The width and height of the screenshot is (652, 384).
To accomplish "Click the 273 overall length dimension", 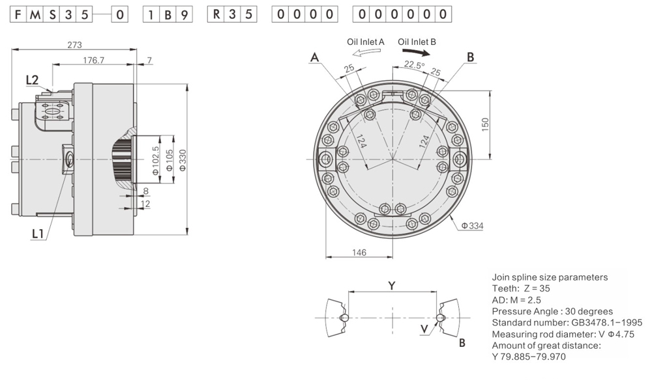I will click(x=75, y=45).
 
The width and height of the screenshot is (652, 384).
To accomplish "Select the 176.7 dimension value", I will click(x=94, y=60).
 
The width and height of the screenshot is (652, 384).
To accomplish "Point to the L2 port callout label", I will click(x=32, y=80).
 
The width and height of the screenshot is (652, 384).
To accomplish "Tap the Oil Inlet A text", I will click(x=365, y=42).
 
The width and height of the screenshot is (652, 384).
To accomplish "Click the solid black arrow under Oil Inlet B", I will click(x=415, y=52).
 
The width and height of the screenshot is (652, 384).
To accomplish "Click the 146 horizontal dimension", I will click(x=359, y=252).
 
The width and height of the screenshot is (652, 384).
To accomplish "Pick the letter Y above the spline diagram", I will click(x=391, y=285).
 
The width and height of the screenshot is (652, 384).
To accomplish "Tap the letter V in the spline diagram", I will click(x=425, y=329).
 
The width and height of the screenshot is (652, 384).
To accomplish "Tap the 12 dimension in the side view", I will click(x=145, y=204).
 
